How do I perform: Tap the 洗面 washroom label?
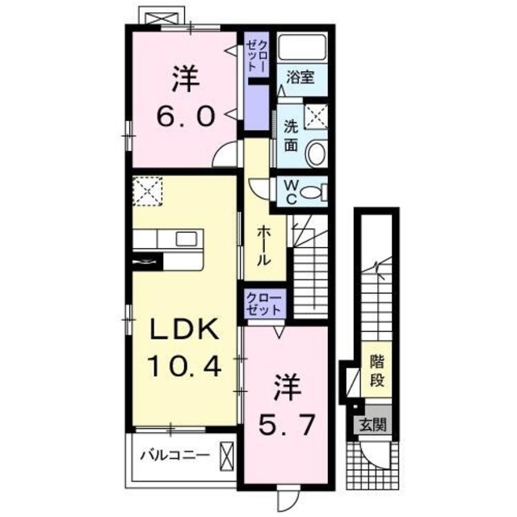291,137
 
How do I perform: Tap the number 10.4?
185,368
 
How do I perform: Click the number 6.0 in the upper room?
185,116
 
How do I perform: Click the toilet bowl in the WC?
322,192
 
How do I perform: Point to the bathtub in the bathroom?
302,47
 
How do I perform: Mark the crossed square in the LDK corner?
148,191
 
